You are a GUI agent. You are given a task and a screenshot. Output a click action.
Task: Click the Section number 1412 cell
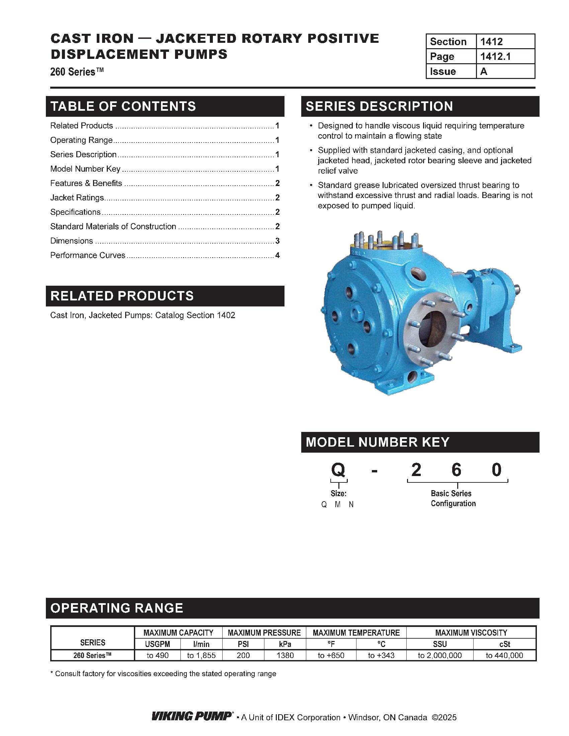(491, 42)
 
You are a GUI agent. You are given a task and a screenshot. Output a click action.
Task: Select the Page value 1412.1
(495, 57)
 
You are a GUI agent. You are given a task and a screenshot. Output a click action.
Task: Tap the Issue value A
(484, 72)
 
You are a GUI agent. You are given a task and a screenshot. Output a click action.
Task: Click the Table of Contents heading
(123, 106)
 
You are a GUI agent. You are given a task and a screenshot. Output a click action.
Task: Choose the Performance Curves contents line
(88, 256)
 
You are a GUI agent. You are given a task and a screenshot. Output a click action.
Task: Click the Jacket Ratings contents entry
(77, 198)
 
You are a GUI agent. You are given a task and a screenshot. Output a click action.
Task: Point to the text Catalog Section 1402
(195, 315)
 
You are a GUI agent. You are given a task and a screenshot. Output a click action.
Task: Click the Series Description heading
(379, 106)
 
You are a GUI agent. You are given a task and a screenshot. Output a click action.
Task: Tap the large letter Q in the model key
(338, 470)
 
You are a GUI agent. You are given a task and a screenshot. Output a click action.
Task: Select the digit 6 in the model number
(456, 470)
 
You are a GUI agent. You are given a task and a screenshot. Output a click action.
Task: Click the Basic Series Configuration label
(453, 498)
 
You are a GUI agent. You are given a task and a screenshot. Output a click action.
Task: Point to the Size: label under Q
(338, 494)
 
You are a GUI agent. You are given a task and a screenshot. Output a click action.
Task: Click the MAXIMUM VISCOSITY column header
(471, 633)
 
